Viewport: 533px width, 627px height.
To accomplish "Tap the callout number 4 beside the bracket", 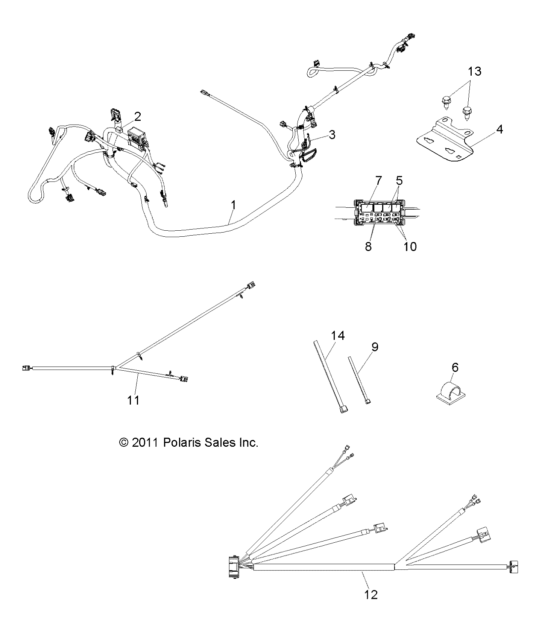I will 500,129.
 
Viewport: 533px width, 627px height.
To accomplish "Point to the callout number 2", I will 138,117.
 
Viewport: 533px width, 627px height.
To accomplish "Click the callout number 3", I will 332,134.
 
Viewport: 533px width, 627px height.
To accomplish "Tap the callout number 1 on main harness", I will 234,205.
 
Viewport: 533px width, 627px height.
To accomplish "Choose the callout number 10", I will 410,247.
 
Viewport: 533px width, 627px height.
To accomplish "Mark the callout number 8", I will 368,247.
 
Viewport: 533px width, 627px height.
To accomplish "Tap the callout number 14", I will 338,335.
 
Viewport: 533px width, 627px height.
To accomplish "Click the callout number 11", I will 133,400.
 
